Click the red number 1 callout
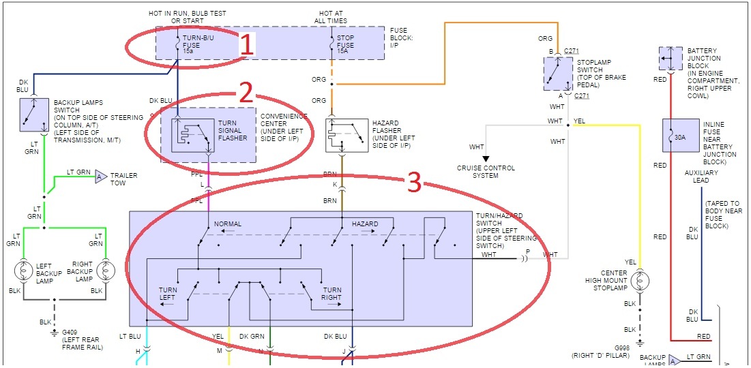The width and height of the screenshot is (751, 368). point(247,45)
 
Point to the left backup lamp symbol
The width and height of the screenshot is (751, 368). point(25,271)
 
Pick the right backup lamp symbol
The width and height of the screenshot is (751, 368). point(106,271)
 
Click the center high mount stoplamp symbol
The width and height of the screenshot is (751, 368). point(640,281)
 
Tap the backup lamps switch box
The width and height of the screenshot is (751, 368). point(32,115)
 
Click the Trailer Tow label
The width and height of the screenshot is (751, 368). point(124,179)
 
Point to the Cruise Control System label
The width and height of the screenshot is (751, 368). point(486,172)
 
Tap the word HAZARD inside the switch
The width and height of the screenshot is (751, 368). point(364,224)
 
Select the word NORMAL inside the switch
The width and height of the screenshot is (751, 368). point(228,224)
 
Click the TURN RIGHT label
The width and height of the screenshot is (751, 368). point(332,294)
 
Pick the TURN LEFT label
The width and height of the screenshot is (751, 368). point(167,294)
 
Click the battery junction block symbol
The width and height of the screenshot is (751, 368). point(671,59)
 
